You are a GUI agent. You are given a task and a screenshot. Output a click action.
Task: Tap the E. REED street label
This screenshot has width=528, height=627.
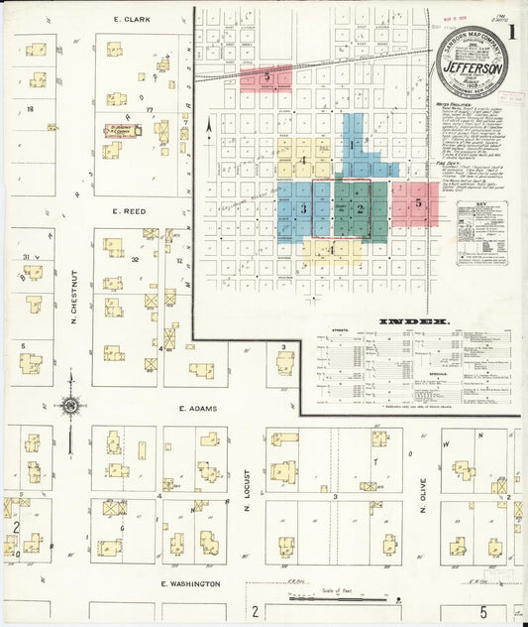point(130,211)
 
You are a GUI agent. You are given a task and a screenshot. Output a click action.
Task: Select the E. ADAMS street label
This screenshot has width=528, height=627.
point(197,408)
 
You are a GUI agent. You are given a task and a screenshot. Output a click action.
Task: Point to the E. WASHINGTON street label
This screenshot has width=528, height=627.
point(191,584)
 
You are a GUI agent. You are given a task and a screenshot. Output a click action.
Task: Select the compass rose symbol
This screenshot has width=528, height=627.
point(70,405)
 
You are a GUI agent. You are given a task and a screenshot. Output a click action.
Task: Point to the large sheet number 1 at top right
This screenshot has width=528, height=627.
point(511,30)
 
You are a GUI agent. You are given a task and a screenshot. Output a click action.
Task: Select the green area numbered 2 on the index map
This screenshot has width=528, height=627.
point(361,208)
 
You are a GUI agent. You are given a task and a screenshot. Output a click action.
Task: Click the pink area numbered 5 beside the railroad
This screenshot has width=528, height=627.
point(266,76)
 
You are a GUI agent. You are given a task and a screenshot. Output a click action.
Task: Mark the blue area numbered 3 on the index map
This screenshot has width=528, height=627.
point(303,207)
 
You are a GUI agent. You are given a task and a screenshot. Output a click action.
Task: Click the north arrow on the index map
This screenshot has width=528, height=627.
point(209,126)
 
